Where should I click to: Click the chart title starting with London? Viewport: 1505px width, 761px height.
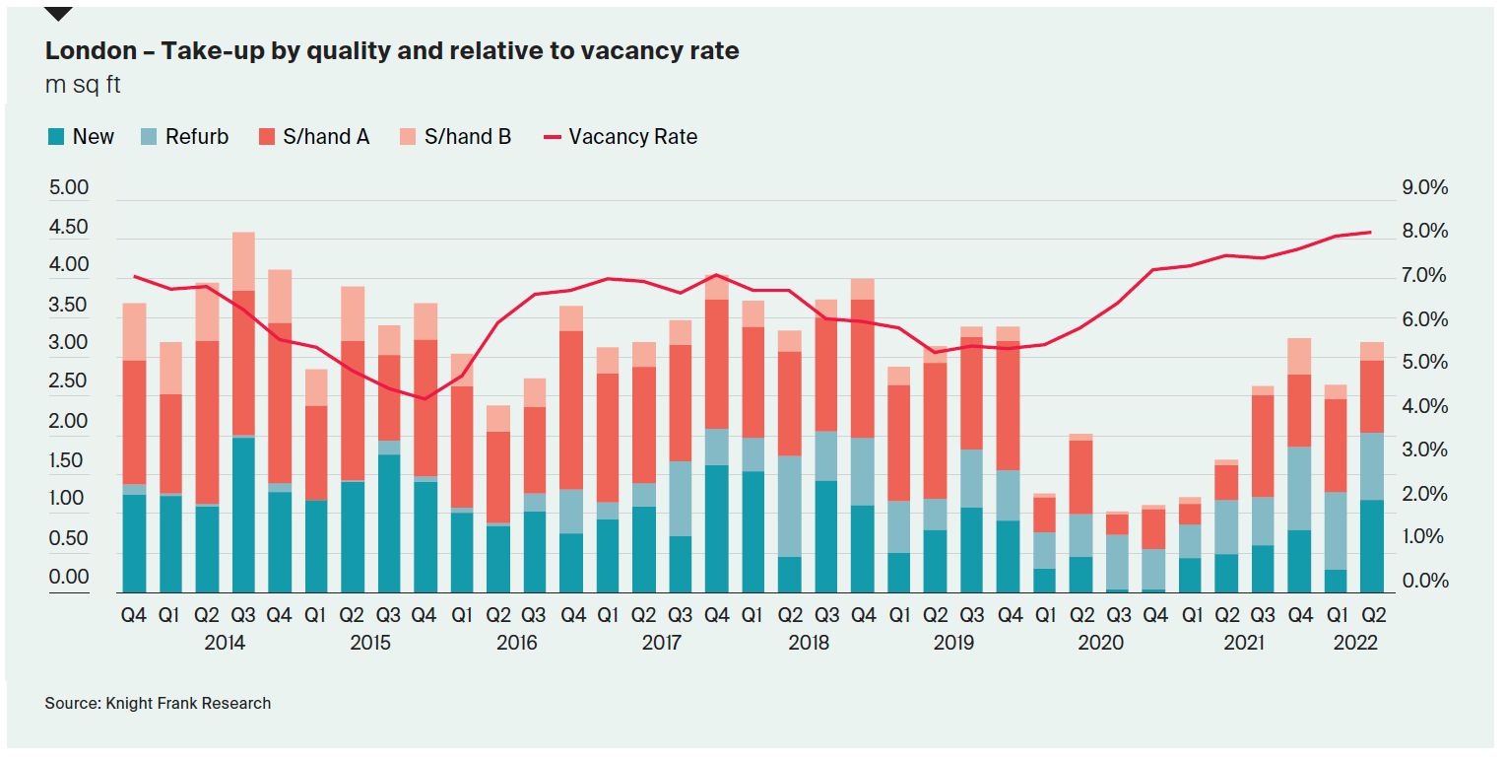[392, 51]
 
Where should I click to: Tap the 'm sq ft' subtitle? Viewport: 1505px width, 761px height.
[83, 86]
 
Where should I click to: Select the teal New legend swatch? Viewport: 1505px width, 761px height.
[56, 137]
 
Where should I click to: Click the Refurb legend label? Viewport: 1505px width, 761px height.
[197, 137]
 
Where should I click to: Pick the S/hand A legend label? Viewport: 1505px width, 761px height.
[326, 137]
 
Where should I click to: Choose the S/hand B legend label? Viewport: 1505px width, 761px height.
[468, 137]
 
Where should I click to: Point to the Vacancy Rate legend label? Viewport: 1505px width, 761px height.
[633, 137]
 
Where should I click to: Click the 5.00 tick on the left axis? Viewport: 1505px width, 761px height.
[69, 187]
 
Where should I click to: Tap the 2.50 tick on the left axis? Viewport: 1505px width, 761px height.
[69, 381]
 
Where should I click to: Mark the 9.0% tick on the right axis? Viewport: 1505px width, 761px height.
[1424, 187]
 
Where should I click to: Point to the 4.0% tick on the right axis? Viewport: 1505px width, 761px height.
[1424, 406]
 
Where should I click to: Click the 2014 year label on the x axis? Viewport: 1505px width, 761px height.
[225, 643]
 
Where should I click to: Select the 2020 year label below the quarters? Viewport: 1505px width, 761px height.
[1100, 643]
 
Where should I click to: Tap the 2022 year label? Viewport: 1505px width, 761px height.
[1355, 643]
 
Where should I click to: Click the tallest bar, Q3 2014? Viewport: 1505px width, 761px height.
[243, 412]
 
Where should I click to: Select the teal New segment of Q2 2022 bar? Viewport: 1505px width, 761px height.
[1371, 546]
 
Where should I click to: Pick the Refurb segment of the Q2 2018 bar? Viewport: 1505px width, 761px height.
[790, 507]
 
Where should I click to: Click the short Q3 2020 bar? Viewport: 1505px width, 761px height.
[1117, 552]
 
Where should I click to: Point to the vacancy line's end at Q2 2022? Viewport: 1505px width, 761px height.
[1371, 233]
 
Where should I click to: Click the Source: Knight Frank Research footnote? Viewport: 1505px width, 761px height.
[158, 703]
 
